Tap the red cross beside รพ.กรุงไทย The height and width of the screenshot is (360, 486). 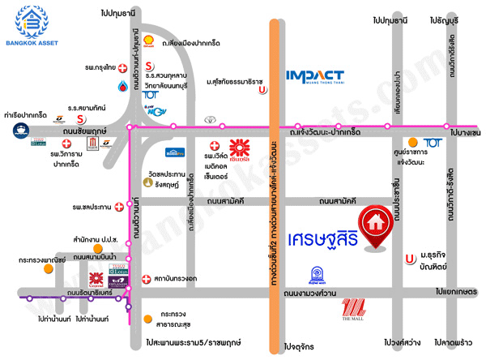[122, 68]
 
